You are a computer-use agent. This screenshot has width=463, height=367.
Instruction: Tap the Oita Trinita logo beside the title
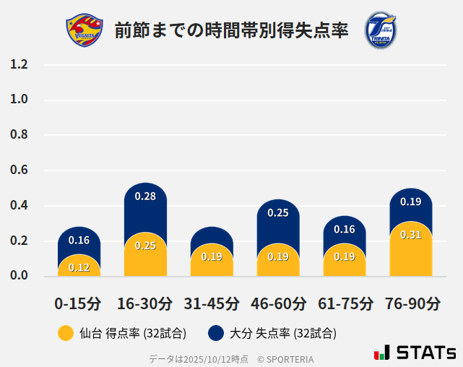[x=381, y=30]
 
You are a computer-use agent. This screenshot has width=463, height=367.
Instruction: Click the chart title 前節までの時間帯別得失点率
[x=231, y=31]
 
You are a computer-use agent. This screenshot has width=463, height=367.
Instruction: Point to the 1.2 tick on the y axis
[x=20, y=64]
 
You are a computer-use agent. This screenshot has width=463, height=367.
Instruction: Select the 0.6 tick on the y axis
[x=20, y=170]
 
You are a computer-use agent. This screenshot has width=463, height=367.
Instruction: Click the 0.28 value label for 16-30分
[x=145, y=197]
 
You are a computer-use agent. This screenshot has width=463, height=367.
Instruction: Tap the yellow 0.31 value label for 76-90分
[x=410, y=235]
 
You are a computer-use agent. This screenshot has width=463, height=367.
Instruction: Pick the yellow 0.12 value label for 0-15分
[x=79, y=267]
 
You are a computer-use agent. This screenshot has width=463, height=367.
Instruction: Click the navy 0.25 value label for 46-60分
[x=278, y=213]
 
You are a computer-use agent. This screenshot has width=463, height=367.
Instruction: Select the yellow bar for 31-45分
[x=212, y=260]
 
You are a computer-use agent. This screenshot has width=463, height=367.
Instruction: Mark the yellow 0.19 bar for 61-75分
[x=345, y=260]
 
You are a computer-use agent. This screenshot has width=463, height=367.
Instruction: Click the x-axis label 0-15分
[x=78, y=303]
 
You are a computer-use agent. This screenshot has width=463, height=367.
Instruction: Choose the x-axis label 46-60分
[x=278, y=303]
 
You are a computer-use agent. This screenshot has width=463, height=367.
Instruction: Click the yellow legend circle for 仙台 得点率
[x=66, y=333]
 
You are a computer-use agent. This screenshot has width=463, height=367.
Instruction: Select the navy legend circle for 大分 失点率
[x=215, y=333]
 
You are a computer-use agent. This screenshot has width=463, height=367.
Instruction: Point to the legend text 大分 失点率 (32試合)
[x=282, y=334]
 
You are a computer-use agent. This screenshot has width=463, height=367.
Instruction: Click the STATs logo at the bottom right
[x=415, y=353]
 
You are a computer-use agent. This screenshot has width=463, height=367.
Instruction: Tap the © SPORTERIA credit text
[x=285, y=358]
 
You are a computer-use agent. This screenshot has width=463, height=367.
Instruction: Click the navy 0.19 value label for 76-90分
[x=410, y=202]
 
